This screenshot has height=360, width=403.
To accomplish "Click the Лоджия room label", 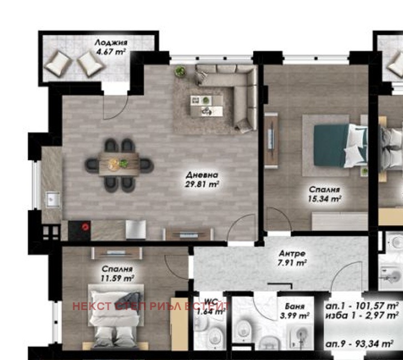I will [110, 42].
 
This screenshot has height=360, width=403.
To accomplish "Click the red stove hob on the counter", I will [85, 226].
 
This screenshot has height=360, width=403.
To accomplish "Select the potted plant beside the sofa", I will [180, 71].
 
